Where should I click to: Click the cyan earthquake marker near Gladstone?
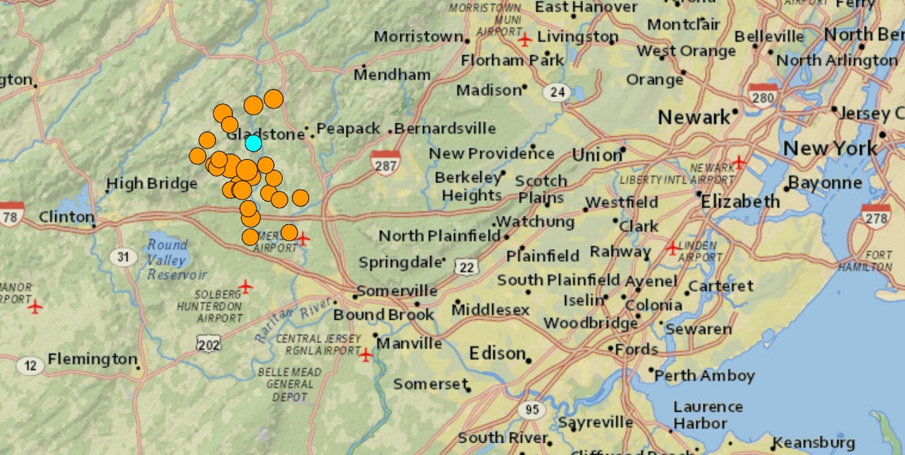(253, 143)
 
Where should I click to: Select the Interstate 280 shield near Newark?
(763, 96)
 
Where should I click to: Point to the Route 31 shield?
(124, 256)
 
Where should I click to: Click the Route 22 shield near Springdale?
(467, 267)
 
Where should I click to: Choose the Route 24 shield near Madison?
(557, 91)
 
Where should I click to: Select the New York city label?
(830, 149)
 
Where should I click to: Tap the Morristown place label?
(419, 36)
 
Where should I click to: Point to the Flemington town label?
(92, 359)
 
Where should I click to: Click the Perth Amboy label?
(704, 376)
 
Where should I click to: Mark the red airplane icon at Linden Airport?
(672, 248)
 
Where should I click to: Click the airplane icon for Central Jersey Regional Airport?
(366, 355)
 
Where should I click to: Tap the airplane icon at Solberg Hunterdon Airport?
(245, 287)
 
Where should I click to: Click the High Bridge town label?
(151, 184)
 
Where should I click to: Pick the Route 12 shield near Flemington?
(30, 366)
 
